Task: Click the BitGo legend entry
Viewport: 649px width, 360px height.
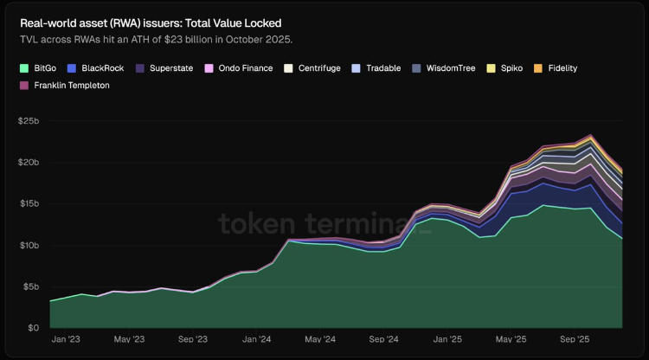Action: click(39, 67)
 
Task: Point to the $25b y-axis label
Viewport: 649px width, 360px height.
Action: click(29, 120)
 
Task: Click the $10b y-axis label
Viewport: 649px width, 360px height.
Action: click(29, 245)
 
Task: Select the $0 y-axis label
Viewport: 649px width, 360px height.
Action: click(33, 328)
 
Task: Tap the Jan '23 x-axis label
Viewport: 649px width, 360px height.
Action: click(67, 340)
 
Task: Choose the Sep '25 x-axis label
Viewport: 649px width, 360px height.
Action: click(575, 340)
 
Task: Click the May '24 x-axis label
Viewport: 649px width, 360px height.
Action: click(319, 340)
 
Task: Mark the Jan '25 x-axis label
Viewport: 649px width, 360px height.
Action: click(447, 340)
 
